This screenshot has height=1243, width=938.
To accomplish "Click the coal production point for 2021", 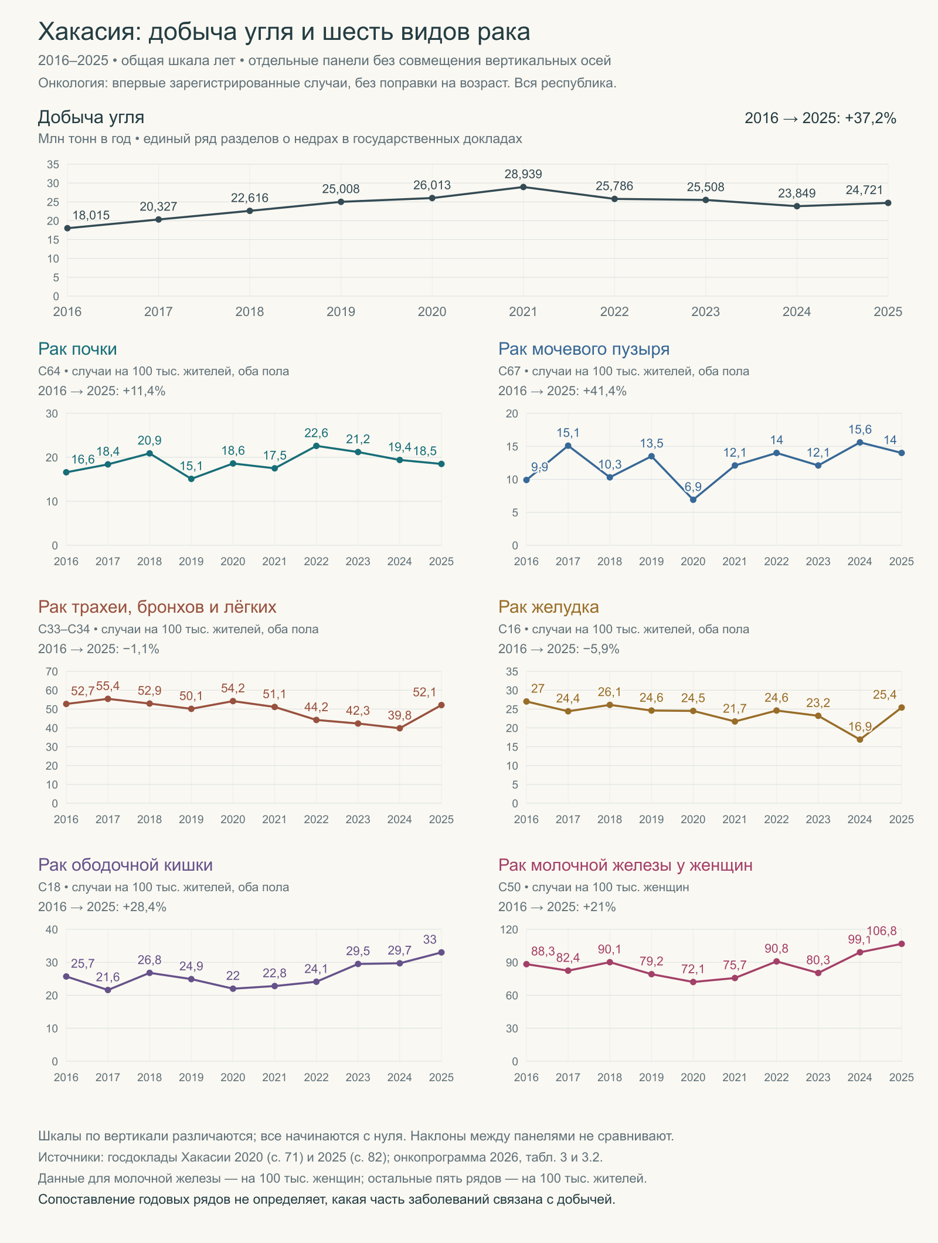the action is click(x=524, y=187).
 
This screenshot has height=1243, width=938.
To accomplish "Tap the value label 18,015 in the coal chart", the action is click(x=91, y=215).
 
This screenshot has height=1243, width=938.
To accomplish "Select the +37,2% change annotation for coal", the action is click(x=871, y=118).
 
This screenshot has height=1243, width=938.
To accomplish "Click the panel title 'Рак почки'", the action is click(x=77, y=349).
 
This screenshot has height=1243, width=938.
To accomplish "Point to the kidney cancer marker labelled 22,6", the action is click(x=317, y=446).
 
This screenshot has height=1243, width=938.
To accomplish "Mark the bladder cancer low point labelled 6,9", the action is click(x=693, y=500).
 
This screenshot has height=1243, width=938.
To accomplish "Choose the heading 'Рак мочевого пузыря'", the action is click(x=584, y=349).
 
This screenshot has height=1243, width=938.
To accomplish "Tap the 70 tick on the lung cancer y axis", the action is click(x=52, y=671).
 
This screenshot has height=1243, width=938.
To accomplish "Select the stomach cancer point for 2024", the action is click(x=860, y=739).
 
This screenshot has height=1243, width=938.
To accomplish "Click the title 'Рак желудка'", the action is click(x=549, y=607).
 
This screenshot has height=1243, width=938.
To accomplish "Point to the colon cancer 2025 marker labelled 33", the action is click(x=441, y=952).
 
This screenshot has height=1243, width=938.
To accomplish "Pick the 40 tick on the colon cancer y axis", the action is click(x=52, y=929).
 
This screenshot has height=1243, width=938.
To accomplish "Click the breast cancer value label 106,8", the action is click(x=881, y=931).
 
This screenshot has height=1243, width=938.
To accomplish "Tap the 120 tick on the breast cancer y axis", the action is click(x=509, y=929).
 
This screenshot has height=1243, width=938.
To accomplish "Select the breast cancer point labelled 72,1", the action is click(x=693, y=982).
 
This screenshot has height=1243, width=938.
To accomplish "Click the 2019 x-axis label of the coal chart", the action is click(x=341, y=312).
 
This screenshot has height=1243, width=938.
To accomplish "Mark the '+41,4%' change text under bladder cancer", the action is click(x=604, y=391).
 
